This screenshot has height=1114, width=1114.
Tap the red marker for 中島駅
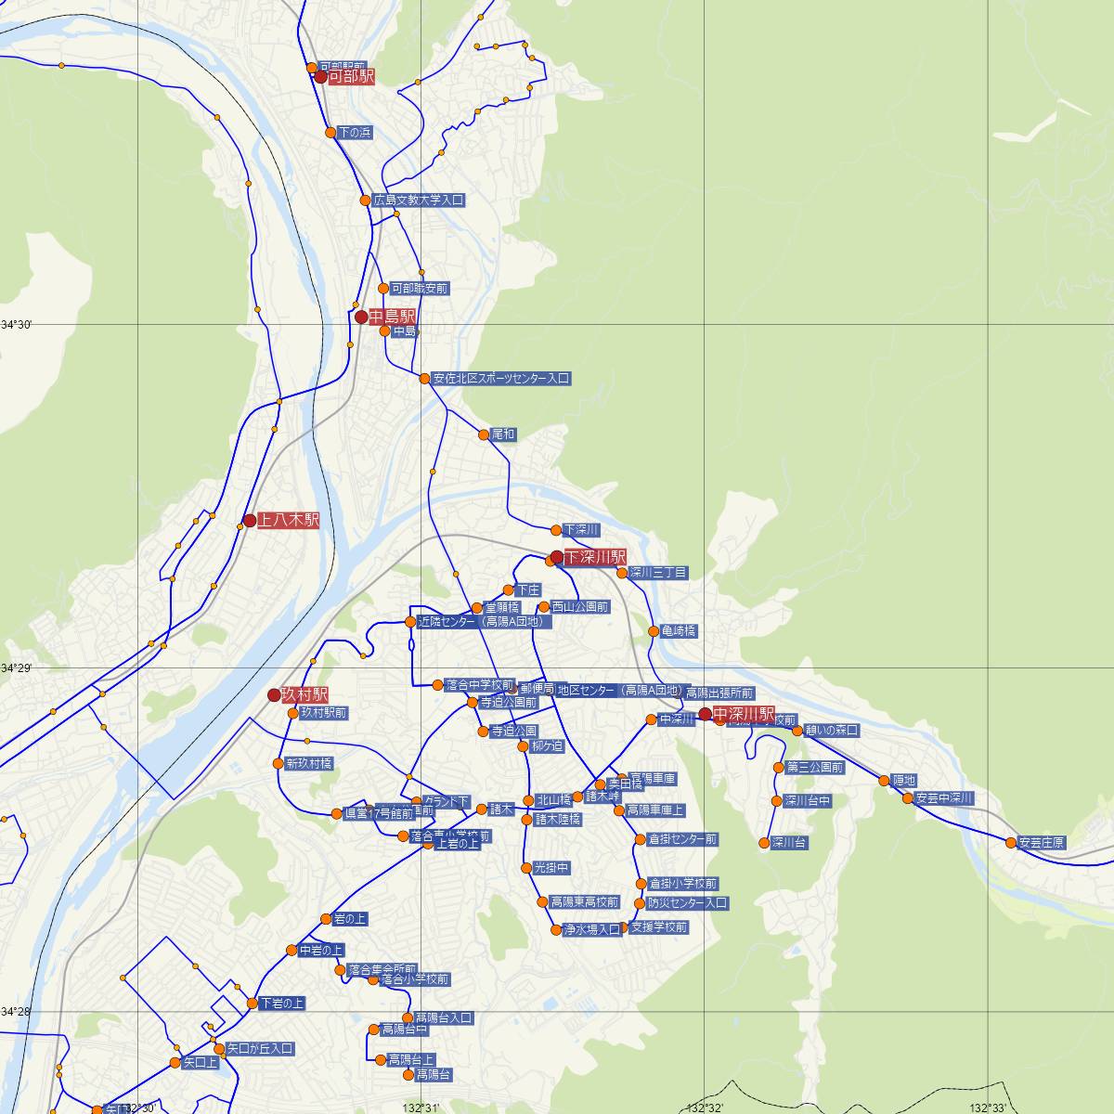point(362,317)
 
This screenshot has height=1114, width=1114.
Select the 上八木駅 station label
point(288,521)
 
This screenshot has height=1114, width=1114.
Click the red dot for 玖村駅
point(274,694)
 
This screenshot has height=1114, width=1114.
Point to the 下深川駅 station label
point(595,557)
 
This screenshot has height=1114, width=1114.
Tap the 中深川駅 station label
point(744,714)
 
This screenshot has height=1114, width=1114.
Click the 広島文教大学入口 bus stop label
point(418,201)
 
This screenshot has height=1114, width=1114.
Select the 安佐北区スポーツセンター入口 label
point(500,379)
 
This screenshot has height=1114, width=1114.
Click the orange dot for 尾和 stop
point(484,434)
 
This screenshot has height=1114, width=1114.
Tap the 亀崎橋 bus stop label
point(679,631)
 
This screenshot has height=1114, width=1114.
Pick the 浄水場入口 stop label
point(591,929)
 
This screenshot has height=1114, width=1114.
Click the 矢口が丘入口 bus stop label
point(260,1049)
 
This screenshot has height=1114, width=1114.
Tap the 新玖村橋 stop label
point(308,764)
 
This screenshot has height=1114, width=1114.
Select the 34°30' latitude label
point(17,324)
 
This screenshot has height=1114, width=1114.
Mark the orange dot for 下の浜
point(330,133)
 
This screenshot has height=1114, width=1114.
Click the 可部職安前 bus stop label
point(419,289)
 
